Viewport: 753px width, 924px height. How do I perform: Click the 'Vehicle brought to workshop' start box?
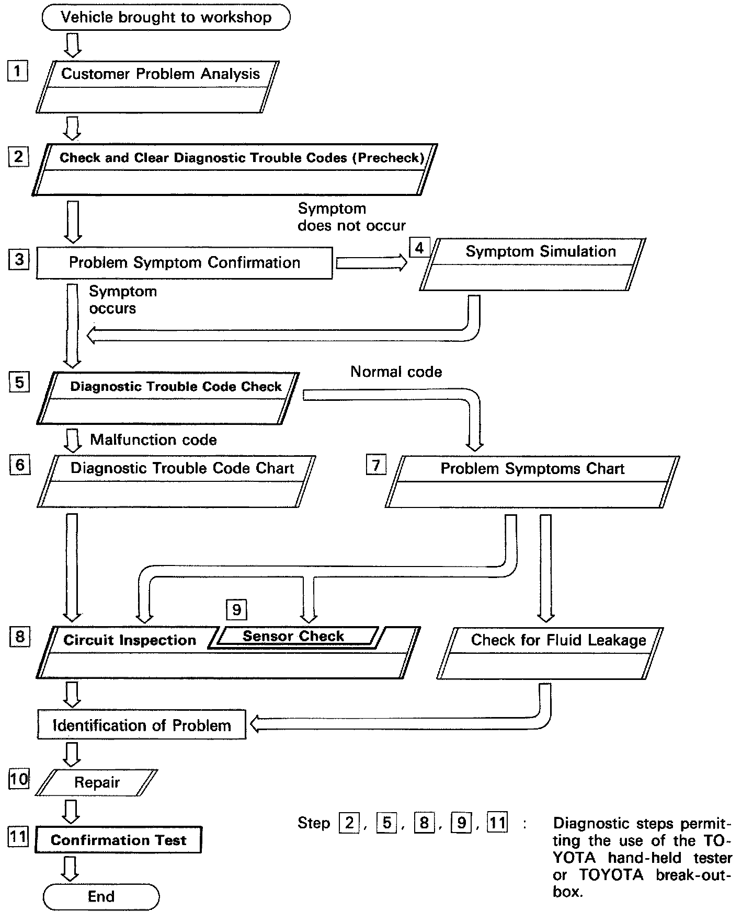coord(166,17)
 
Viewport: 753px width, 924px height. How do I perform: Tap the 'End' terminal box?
coord(101,897)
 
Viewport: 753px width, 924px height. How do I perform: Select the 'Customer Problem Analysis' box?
coord(157,87)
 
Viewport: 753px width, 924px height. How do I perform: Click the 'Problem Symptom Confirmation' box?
coord(184,263)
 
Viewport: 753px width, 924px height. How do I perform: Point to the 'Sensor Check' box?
coord(294,637)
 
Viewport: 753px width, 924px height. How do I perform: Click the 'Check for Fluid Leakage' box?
coord(550,653)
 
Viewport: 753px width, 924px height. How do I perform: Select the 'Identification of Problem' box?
coord(142,725)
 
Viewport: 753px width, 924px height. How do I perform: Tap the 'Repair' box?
coord(96,782)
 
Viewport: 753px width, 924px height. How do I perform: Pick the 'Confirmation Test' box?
coord(118,840)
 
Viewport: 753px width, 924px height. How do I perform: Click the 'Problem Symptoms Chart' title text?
coord(532,469)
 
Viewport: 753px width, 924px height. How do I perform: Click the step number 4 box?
coord(419,247)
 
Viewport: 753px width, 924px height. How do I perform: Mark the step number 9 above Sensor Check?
coord(236,609)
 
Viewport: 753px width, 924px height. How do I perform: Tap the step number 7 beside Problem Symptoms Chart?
coord(376,465)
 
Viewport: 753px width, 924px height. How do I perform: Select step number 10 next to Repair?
coord(19,779)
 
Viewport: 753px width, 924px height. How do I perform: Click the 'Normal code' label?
coord(396,372)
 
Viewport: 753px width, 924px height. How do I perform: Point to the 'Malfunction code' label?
coord(153,440)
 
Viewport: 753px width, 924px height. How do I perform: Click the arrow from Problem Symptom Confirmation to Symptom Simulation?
coord(371,263)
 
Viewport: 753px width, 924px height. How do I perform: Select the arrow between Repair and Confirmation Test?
coord(71,811)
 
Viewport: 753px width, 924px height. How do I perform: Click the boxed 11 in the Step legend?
coord(497,823)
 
